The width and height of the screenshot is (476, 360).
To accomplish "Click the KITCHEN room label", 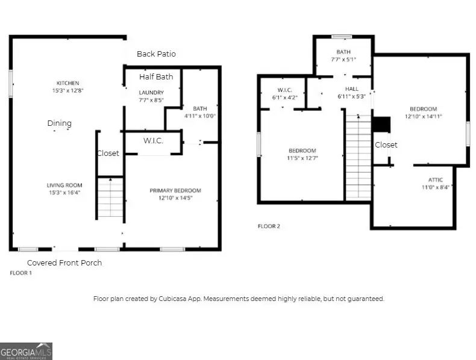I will coord(67,83).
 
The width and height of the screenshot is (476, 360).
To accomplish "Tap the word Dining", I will coord(60,123).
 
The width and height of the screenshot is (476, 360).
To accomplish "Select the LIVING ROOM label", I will coord(65,185).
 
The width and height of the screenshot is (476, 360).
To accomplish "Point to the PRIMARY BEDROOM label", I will coord(175,191).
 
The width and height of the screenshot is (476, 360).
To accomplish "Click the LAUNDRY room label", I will coord(151,92).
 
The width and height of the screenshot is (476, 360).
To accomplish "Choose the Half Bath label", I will coord(156,77).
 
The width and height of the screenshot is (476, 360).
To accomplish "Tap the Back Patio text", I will coord(156,54).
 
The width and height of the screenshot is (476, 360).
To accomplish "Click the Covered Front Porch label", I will coord(64,263).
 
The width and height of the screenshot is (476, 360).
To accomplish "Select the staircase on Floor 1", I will coord(110,197).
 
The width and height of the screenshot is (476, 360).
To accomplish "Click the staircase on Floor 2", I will coord(358,157).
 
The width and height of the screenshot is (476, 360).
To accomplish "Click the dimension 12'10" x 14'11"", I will coord(423,116).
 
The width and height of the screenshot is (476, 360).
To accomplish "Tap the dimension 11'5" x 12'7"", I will coord(302,158).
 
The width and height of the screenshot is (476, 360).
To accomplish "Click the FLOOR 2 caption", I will coord(269,226).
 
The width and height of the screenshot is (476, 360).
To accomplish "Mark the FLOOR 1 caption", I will coord(21,273).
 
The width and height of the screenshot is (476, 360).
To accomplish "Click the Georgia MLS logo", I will coord(27,351).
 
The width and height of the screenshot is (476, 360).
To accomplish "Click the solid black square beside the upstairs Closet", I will coord(381,124).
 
